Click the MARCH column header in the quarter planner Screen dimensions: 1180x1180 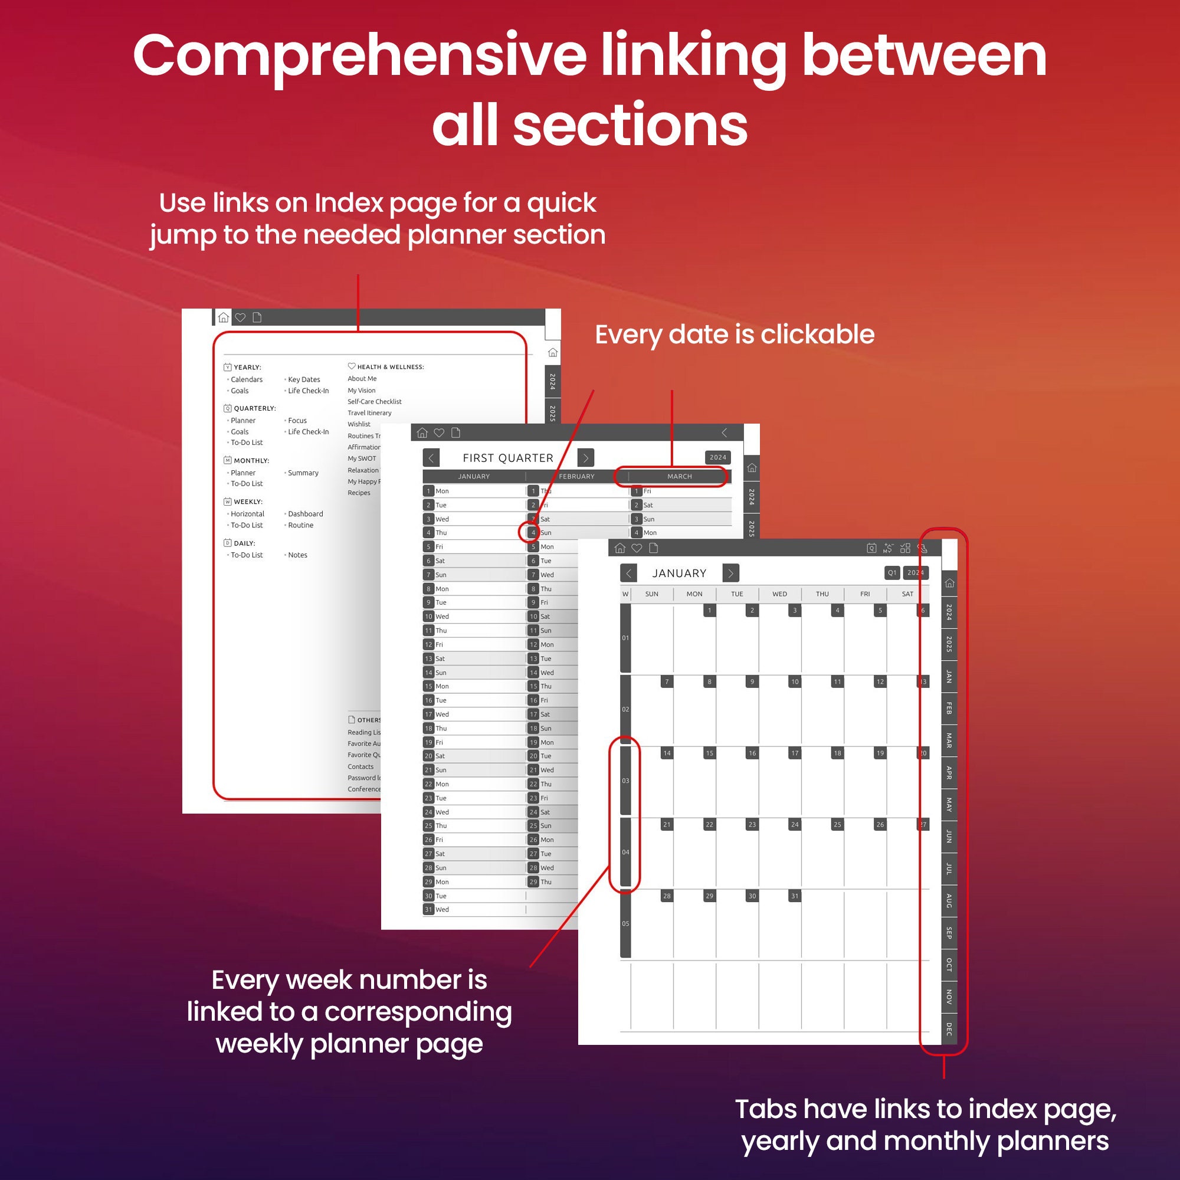tap(679, 476)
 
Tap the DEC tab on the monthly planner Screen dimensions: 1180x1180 tap(949, 1029)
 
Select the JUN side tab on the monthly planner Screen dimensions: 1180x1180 tap(949, 836)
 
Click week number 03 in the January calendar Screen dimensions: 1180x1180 tap(625, 781)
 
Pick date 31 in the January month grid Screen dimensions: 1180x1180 tap(795, 896)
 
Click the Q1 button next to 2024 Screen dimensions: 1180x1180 tap(891, 573)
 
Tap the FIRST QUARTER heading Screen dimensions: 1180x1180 tap(507, 458)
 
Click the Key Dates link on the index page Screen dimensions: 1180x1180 tap(303, 379)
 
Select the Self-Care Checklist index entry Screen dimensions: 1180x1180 tap(375, 402)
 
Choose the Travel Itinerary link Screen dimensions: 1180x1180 tap(369, 413)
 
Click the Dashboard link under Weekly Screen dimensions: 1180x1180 tap(306, 514)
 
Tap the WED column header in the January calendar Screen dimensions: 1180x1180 tap(779, 594)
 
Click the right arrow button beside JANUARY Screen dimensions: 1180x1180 tap(730, 573)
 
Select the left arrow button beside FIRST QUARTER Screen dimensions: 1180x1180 tap(431, 458)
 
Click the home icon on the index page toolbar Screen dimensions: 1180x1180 tap(224, 317)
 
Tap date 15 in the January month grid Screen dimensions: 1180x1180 tap(709, 753)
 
